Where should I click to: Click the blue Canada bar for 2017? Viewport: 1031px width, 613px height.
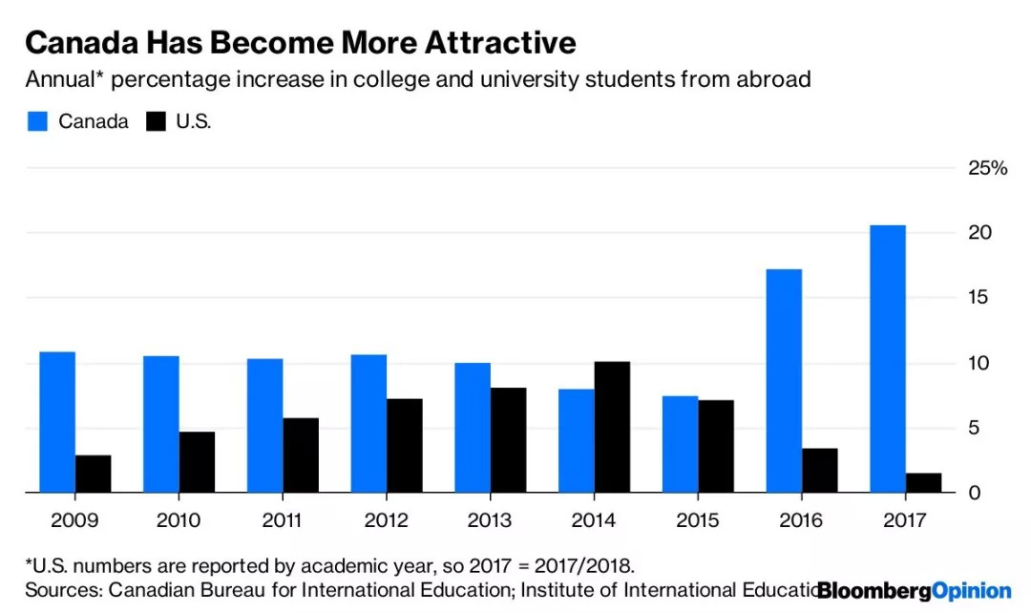888,359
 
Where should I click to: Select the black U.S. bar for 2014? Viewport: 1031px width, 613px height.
612,427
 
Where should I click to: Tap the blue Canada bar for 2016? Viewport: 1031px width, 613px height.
784,381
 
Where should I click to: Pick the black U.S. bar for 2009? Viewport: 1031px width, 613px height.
93,474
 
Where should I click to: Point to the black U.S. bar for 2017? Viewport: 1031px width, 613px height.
923,483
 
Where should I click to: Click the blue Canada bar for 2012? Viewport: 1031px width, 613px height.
368,424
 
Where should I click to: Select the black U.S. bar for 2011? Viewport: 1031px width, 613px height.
301,455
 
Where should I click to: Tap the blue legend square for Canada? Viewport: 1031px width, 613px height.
37,121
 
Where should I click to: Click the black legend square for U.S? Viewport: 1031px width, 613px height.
156,121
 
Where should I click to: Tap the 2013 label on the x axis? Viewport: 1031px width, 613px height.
490,521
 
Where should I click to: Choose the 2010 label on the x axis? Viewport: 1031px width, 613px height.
179,521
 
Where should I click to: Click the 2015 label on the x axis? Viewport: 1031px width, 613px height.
698,521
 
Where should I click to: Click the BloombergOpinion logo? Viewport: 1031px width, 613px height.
914,590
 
